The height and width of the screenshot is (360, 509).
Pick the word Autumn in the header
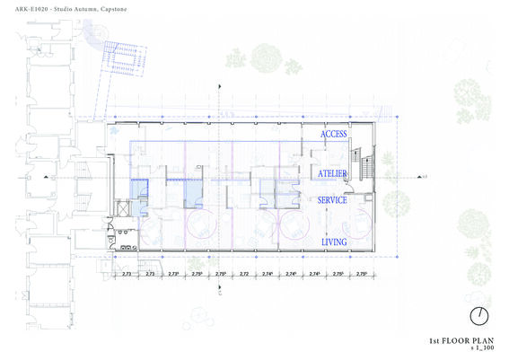pyautogui.click(x=98, y=8)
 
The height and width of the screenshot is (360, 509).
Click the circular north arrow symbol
pyautogui.click(x=480, y=316)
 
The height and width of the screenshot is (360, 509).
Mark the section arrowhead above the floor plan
pyautogui.click(x=221, y=84)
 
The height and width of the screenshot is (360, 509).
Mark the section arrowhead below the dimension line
pyautogui.click(x=221, y=290)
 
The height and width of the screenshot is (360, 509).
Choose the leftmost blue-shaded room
pyautogui.click(x=139, y=189)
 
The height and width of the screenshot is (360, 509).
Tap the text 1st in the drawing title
pyautogui.click(x=434, y=342)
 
